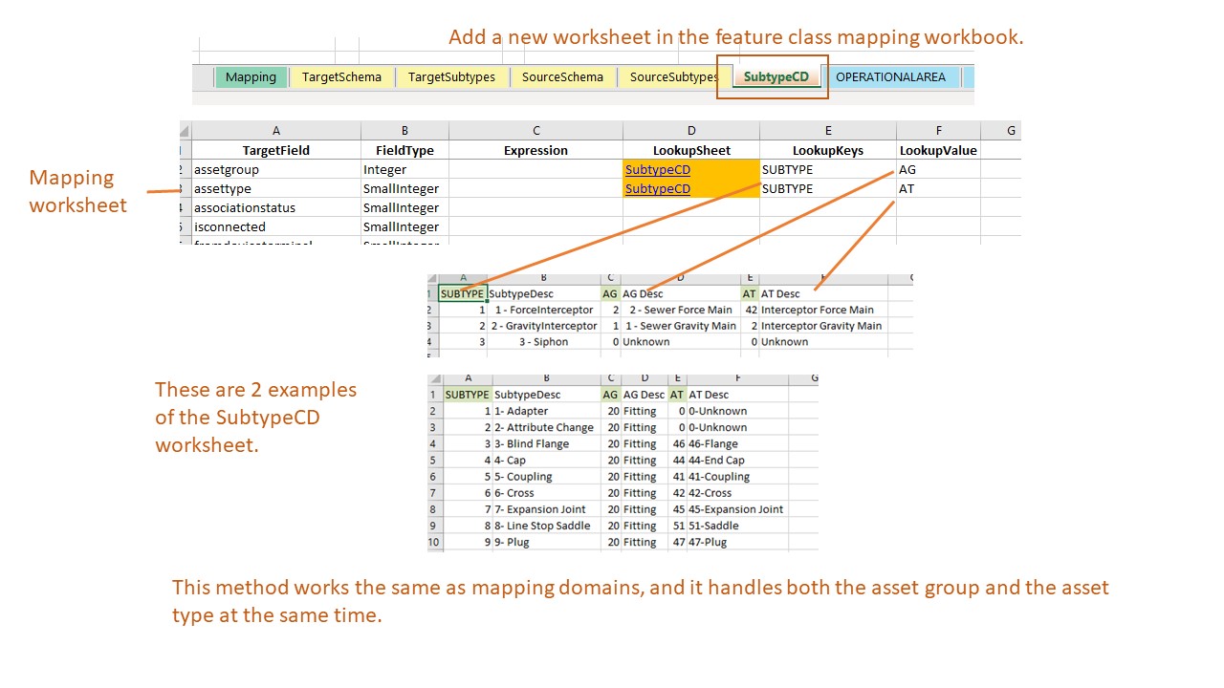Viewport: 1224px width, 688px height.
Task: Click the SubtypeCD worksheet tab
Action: coord(776,77)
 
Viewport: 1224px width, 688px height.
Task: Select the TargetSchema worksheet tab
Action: coord(341,77)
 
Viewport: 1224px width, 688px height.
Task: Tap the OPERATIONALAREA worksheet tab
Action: coord(889,77)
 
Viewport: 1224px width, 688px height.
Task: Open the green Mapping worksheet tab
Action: coord(251,77)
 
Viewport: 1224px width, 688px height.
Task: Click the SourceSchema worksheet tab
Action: coord(562,77)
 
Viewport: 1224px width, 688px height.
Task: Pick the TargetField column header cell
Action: coord(275,150)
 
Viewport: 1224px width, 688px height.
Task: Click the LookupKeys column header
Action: coord(827,150)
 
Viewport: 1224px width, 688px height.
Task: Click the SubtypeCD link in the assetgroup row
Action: coord(657,169)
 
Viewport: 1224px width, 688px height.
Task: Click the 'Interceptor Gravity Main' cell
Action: coord(821,326)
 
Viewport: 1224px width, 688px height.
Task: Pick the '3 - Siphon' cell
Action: coord(543,342)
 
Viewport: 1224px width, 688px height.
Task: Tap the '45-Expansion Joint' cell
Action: coord(736,509)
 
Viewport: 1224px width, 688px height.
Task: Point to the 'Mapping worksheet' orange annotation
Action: coord(77,191)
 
